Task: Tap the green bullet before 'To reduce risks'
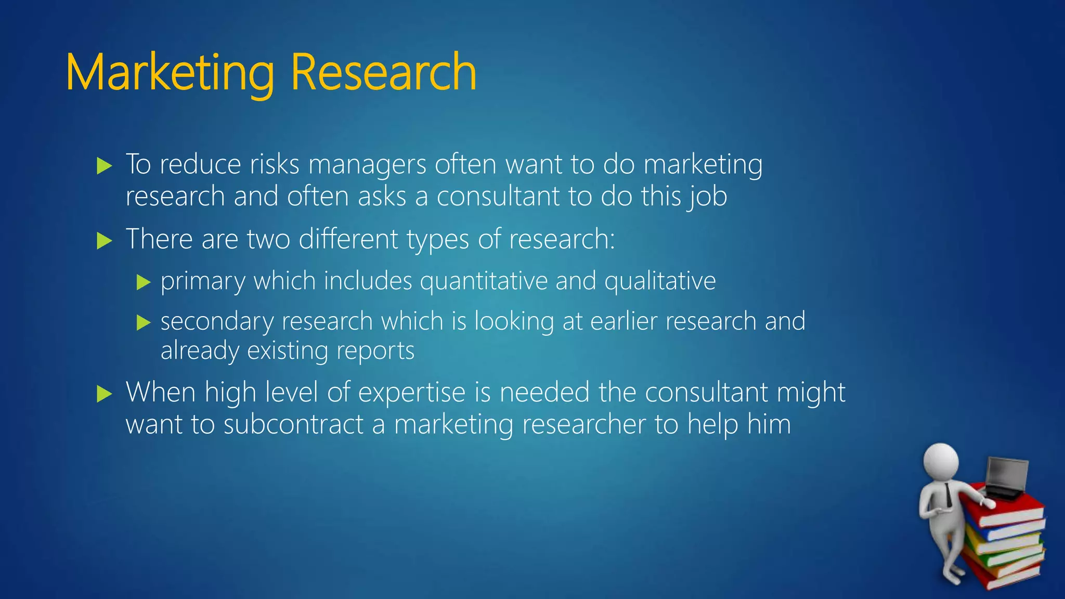pos(105,166)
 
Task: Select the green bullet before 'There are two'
pos(105,241)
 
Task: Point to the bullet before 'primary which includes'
pos(144,282)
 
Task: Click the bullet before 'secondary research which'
pos(144,323)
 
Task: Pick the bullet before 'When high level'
pos(105,394)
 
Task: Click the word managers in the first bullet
pos(367,165)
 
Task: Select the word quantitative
pos(484,281)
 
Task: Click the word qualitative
pos(660,281)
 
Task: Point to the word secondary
pos(217,322)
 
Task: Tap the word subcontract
pos(293,424)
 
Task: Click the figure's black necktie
pos(949,494)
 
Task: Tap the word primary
pos(203,282)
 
